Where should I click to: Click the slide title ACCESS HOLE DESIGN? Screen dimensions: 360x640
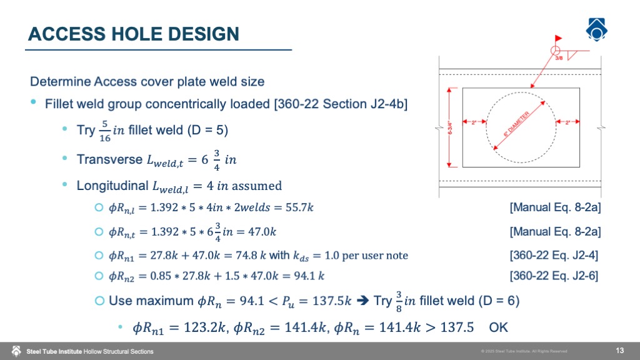click(134, 34)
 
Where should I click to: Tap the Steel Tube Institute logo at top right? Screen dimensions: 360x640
click(597, 29)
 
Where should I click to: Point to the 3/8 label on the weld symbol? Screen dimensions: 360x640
click(559, 58)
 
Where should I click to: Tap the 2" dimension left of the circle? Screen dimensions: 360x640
click(474, 122)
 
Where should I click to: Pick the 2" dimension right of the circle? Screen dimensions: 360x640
click(567, 122)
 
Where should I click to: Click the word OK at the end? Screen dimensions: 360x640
click(499, 327)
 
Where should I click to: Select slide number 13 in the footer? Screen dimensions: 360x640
click(620, 349)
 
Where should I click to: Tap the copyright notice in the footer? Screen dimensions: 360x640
click(524, 351)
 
